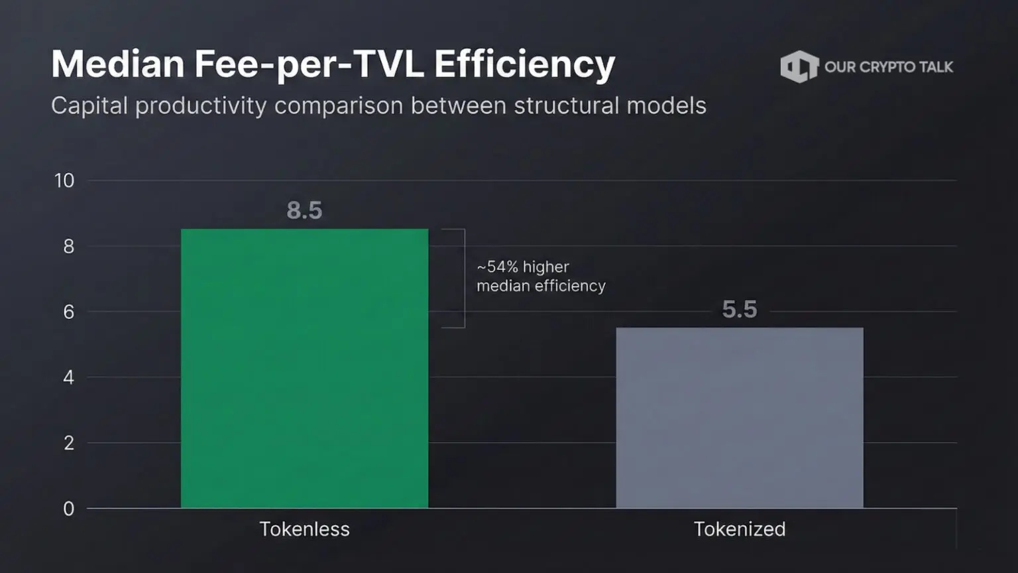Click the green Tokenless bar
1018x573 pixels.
coord(304,368)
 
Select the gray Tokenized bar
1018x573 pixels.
coord(740,417)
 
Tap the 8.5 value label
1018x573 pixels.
coord(304,210)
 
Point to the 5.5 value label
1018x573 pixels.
coord(740,309)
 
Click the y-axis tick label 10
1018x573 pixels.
coord(64,180)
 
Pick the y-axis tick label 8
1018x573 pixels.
coord(69,247)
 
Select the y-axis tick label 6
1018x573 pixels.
coord(69,312)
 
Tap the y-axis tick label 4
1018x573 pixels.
coord(69,377)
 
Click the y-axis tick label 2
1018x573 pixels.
coord(69,443)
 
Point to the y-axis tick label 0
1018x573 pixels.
coord(69,509)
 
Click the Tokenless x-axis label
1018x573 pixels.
coord(304,529)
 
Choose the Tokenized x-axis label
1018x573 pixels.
coord(740,529)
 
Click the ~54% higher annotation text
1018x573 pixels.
coord(523,267)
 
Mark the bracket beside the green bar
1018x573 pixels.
coord(465,278)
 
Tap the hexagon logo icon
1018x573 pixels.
coord(799,67)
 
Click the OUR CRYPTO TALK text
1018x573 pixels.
coord(889,67)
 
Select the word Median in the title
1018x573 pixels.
coord(118,64)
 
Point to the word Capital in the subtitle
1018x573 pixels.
coord(89,106)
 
